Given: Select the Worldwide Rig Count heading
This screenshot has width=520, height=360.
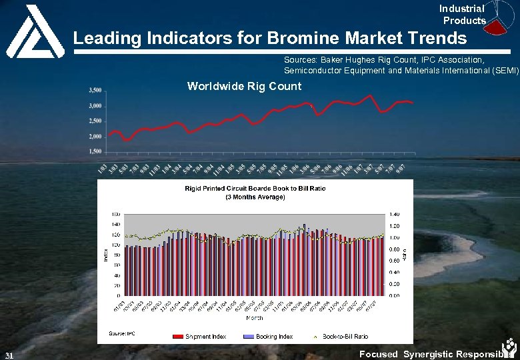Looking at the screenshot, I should click(244, 86).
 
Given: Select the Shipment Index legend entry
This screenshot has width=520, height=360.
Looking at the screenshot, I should click(205, 336).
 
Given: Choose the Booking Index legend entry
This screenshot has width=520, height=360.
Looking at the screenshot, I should click(273, 336).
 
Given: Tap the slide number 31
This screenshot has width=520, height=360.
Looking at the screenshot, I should click(9, 355).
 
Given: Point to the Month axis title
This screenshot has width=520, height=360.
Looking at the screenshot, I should click(255, 317).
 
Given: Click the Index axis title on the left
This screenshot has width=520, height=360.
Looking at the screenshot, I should click(105, 255).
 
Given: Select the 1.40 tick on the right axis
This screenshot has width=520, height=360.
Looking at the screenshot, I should click(395, 214).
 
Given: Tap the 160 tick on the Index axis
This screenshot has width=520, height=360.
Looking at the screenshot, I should click(115, 214).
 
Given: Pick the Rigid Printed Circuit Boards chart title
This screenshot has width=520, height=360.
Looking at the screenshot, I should click(255, 189).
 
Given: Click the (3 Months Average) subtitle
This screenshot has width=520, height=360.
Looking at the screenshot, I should click(255, 197).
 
